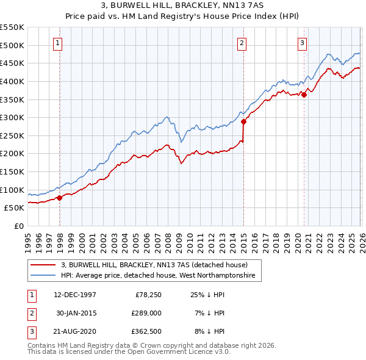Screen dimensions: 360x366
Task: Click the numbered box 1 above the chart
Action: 57,43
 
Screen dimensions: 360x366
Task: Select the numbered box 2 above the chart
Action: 242,43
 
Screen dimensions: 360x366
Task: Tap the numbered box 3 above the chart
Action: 302,43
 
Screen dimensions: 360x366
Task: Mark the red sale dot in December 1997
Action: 60,197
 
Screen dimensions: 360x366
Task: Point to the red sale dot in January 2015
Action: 243,121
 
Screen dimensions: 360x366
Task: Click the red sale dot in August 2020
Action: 304,95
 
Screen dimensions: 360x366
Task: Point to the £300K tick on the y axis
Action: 12,117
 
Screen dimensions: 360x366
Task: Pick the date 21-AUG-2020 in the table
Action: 74,331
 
